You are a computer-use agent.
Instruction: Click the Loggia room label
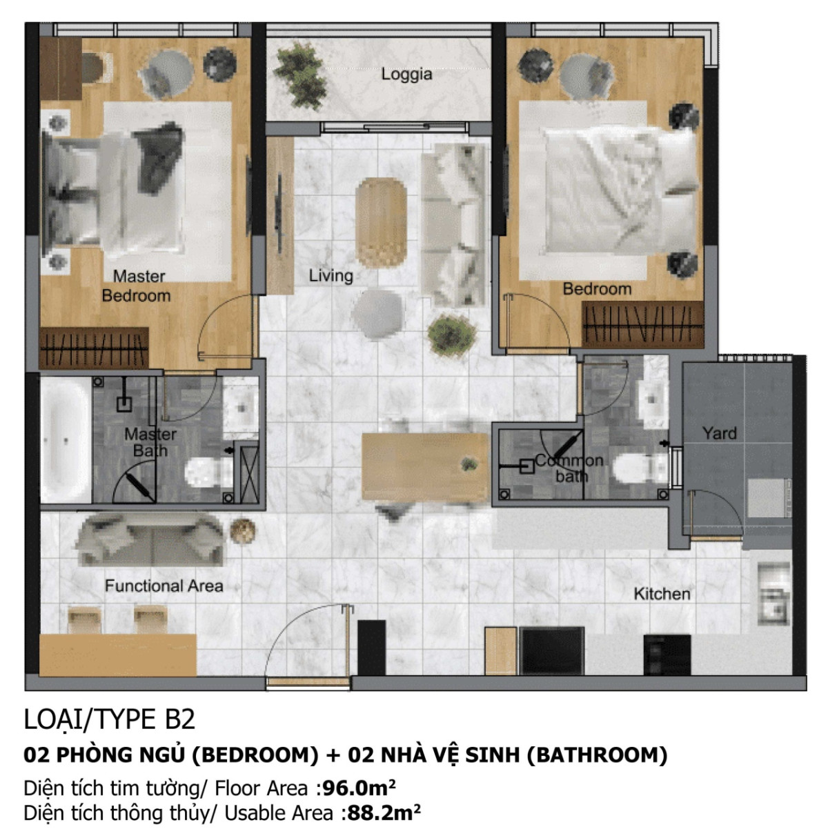point(406,74)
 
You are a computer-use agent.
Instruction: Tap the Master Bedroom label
point(137,286)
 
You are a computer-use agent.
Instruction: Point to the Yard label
point(719,433)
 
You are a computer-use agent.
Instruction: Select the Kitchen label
point(662,593)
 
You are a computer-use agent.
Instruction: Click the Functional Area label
point(164,586)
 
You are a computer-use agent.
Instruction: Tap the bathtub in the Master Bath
point(66,439)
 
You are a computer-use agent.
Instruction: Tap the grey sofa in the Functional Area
point(150,538)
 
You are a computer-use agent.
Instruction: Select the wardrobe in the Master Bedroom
point(94,347)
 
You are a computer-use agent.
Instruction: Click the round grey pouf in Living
point(376,313)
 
